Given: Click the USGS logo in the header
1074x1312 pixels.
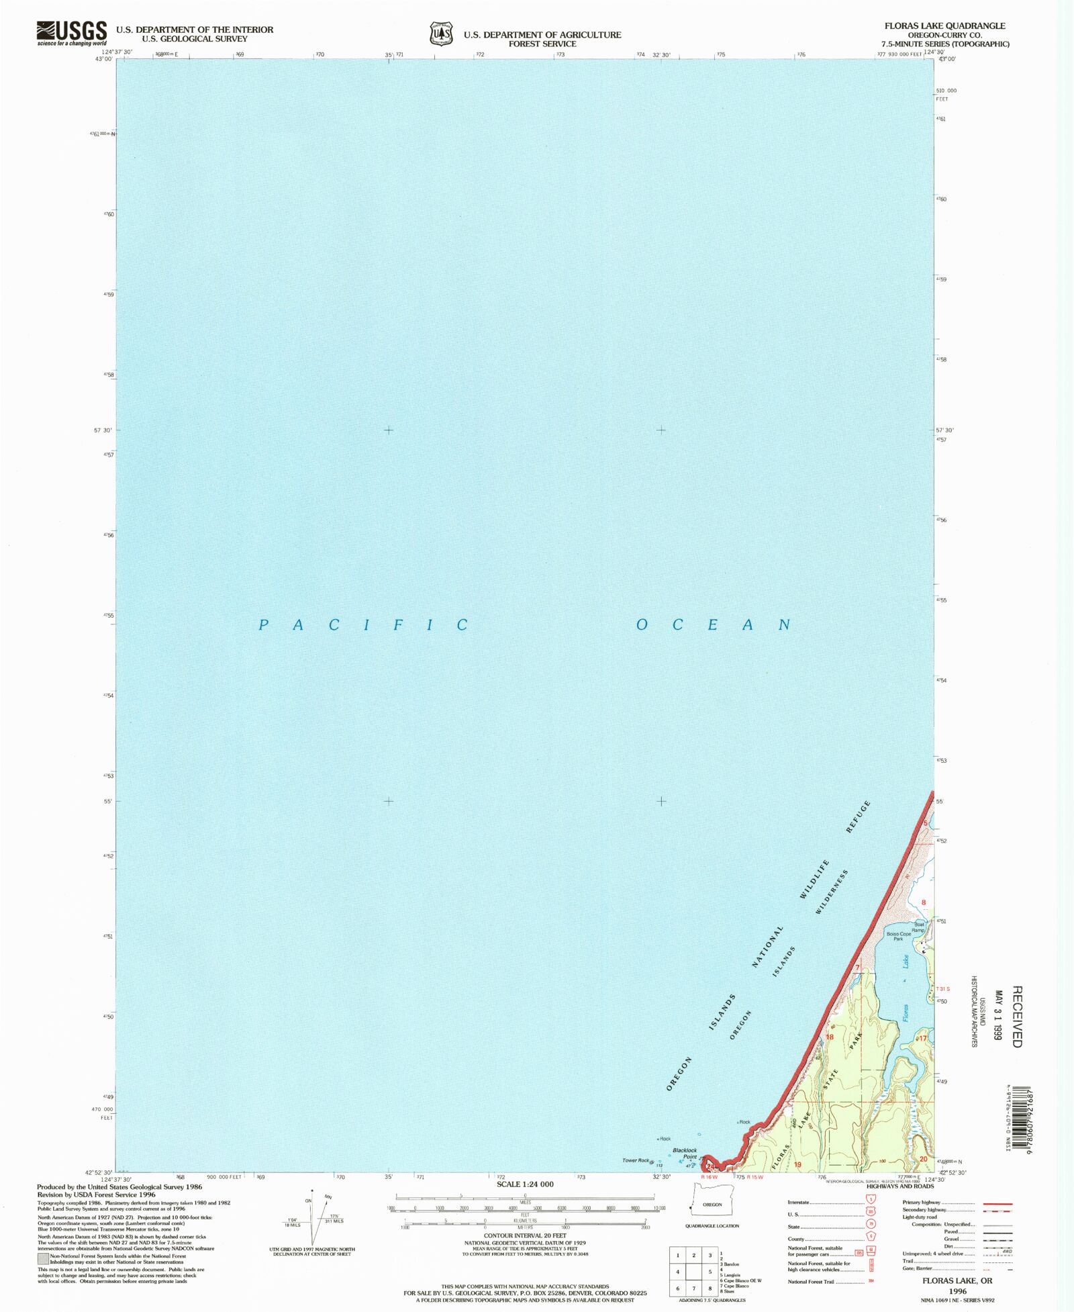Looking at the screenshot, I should tap(71, 32).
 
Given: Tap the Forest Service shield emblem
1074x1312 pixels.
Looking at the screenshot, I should tap(441, 34).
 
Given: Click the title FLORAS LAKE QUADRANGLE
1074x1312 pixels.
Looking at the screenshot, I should tap(944, 26).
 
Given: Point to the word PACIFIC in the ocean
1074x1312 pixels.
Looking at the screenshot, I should tap(363, 625).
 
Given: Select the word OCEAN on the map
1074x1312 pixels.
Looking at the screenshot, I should tap(713, 625).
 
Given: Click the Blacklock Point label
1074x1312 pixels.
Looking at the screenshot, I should tap(685, 1153).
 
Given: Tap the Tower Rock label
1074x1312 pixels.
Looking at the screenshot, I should tap(636, 1160).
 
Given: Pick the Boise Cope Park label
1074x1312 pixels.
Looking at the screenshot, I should tap(898, 935).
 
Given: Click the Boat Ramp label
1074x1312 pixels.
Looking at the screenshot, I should tap(918, 927).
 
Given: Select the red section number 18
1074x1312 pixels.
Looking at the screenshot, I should tap(830, 1037).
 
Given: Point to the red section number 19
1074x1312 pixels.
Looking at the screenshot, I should tap(798, 1164).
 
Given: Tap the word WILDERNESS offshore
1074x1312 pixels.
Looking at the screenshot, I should tap(832, 892).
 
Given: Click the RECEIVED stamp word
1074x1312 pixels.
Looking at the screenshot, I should tap(1016, 1016).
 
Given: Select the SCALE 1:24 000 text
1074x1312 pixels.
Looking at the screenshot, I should tap(525, 1184).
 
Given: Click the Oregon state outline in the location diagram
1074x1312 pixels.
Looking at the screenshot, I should tap(712, 1204).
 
